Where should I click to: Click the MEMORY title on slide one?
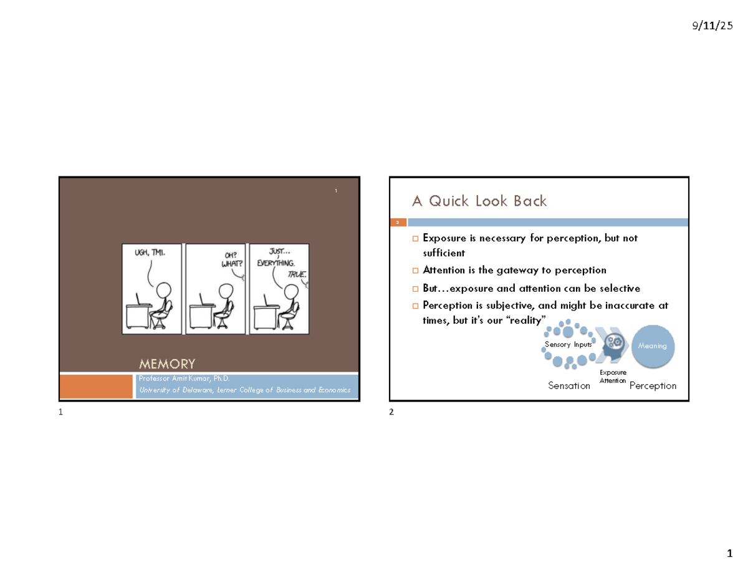click(167, 364)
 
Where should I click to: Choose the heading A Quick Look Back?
click(479, 201)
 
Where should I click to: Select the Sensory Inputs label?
click(568, 345)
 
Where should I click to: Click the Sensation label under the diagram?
click(568, 386)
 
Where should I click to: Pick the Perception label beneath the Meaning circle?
click(653, 386)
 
